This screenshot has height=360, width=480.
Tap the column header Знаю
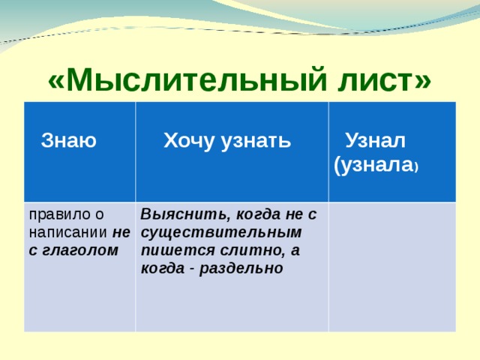pyautogui.click(x=69, y=140)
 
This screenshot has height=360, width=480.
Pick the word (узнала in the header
pyautogui.click(x=371, y=166)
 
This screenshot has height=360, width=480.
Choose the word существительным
pyautogui.click(x=220, y=232)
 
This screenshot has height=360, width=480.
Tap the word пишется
pyautogui.click(x=169, y=250)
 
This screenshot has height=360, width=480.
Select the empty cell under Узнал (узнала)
pyautogui.click(x=391, y=266)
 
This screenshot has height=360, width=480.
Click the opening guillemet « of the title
pyautogui.click(x=56, y=79)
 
